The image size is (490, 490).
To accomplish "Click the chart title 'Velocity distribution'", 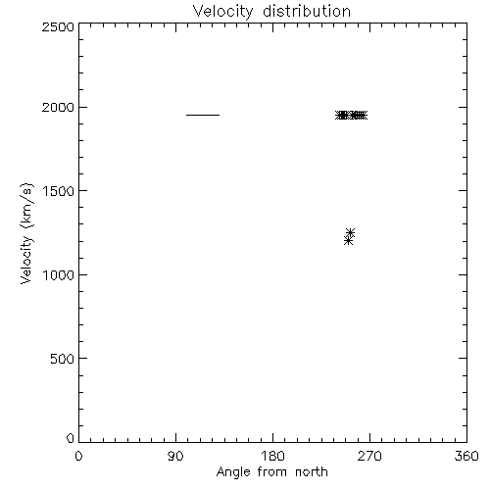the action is click(271, 12).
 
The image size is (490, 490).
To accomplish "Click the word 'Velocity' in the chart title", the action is click(222, 13).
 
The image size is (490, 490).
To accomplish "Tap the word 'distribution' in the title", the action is click(307, 11).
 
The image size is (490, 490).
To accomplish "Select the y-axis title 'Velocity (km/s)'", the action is click(27, 233).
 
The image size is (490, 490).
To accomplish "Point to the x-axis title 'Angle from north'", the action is click(271, 471).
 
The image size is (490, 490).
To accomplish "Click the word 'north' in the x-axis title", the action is click(312, 471).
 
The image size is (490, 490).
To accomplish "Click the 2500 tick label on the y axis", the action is click(58, 26).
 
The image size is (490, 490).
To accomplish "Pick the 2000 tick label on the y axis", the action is click(58, 107).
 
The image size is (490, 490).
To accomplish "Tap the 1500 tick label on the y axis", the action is click(59, 191).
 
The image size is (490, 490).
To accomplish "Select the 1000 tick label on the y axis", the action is click(59, 275).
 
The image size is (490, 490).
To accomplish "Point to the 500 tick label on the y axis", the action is click(63, 359).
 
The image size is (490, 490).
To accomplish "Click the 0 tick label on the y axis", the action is click(71, 438).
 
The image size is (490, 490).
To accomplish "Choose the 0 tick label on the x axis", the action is click(78, 456).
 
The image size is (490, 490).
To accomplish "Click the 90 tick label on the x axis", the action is click(175, 456).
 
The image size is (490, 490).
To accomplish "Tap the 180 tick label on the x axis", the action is click(272, 456).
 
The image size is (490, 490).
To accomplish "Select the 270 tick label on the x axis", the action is click(369, 456).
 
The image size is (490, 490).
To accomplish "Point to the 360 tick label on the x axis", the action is click(466, 456).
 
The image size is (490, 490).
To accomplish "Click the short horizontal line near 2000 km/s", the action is click(203, 115).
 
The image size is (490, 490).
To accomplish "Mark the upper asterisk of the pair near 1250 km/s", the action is click(350, 232).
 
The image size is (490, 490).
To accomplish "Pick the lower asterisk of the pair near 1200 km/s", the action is click(348, 241).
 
